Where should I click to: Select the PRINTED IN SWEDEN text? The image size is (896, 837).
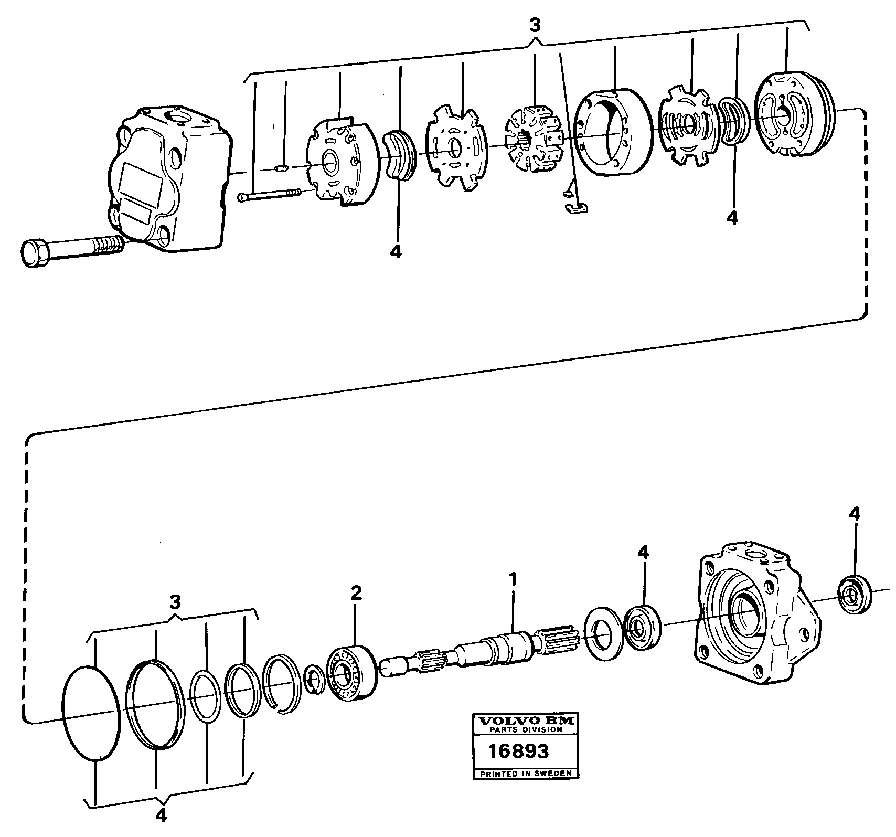pos(525,774)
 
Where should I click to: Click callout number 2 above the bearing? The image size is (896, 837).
pos(356,593)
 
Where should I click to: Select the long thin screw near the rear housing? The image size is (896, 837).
pos(270,195)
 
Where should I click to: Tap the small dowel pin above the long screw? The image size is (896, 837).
pos(282,169)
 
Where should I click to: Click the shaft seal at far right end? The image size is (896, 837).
pos(856,594)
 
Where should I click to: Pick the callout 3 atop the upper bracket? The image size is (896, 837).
pos(535,26)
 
